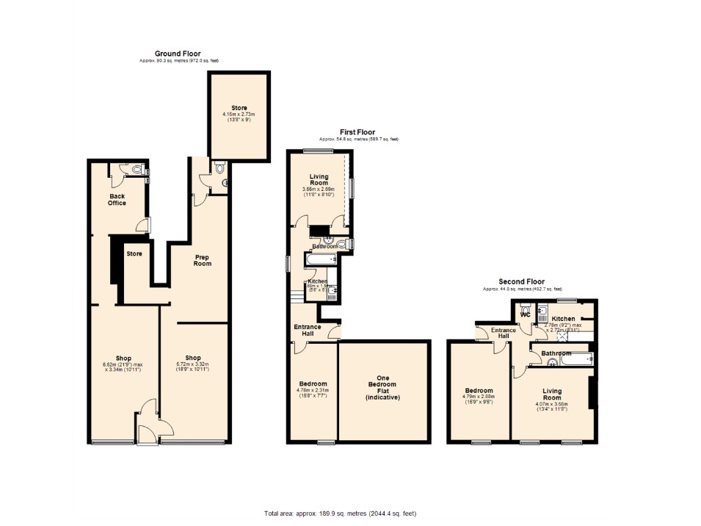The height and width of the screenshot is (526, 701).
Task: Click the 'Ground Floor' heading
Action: (x=178, y=54)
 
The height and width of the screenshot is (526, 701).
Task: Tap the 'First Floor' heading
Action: (x=358, y=132)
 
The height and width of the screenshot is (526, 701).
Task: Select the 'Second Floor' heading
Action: (x=522, y=281)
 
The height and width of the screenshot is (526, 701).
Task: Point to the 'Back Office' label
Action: (x=117, y=200)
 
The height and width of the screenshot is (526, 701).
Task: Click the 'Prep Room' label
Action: (x=203, y=260)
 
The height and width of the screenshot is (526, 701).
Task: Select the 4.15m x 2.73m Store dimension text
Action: (x=239, y=117)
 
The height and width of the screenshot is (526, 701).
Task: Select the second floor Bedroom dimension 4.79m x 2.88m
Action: (x=478, y=399)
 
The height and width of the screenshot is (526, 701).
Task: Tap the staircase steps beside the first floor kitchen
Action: (x=297, y=295)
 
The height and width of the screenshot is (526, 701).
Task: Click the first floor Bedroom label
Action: (x=313, y=384)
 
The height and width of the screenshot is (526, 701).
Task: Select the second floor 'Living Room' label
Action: (x=551, y=394)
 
